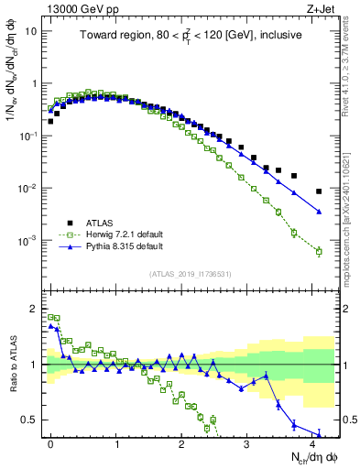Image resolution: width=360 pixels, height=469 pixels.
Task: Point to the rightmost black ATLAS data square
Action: tap(319, 191)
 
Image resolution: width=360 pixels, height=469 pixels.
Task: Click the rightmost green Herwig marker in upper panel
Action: tap(319, 251)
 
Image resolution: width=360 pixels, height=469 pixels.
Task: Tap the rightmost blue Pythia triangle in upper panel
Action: tap(319, 212)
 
